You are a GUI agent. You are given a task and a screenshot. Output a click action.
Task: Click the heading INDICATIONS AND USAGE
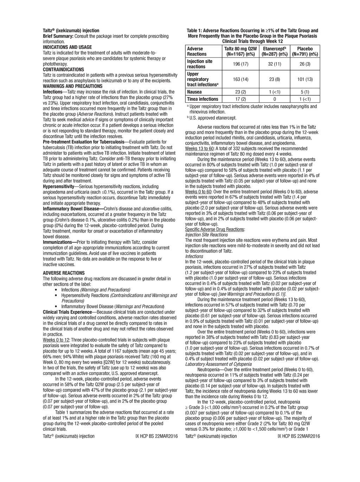67,47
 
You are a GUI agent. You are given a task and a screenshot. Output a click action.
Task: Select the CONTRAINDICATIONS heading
63,70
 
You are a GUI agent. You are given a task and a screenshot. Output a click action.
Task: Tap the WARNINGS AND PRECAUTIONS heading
72,86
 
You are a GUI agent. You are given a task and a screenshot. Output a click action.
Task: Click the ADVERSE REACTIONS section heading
64,273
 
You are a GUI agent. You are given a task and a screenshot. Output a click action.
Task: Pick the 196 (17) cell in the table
240,64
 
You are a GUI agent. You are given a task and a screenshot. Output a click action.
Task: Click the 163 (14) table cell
240,79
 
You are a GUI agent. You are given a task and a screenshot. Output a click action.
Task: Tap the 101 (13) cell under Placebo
305,79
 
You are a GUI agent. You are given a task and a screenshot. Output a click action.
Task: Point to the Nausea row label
194,92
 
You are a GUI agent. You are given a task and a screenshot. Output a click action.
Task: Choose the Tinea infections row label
202,99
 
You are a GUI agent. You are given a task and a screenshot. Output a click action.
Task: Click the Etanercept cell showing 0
274,99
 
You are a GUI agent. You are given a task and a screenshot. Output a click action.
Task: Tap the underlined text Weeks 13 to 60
199,148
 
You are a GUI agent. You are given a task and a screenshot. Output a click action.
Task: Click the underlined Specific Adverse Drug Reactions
215,229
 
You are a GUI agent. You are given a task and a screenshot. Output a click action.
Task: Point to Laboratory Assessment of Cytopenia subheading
218,364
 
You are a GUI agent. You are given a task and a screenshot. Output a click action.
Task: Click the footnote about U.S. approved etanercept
213,118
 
